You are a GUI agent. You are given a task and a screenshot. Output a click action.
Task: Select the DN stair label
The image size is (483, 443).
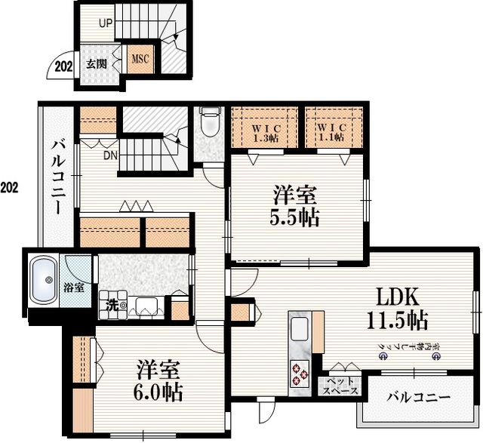pyautogui.click(x=110, y=156)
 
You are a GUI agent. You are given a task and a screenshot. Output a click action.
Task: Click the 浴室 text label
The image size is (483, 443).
pyautogui.click(x=73, y=287)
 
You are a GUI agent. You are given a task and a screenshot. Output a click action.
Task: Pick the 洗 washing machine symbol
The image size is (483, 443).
pyautogui.click(x=117, y=306)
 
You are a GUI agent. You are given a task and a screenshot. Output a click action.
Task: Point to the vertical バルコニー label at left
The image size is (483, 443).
pyautogui.click(x=58, y=177)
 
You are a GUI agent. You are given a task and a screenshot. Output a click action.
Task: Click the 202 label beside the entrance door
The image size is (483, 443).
pyautogui.click(x=64, y=66)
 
